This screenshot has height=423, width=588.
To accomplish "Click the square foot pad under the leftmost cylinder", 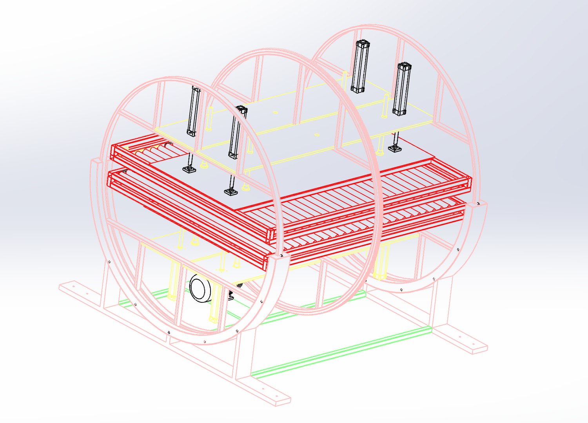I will coord(190,169).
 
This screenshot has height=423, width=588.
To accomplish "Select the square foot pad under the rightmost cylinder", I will coord(395,148).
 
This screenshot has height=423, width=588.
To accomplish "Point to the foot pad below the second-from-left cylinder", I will coord(231,192).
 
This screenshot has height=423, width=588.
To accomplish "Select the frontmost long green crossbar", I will coord(341,351).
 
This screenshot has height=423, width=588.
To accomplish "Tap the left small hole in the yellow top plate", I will coord(275,113).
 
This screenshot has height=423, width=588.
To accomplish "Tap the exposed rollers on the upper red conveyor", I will coord(157,151).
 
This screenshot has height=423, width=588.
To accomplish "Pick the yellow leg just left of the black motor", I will coord(172,282).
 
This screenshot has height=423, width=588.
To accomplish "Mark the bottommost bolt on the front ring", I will coord(205,342).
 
